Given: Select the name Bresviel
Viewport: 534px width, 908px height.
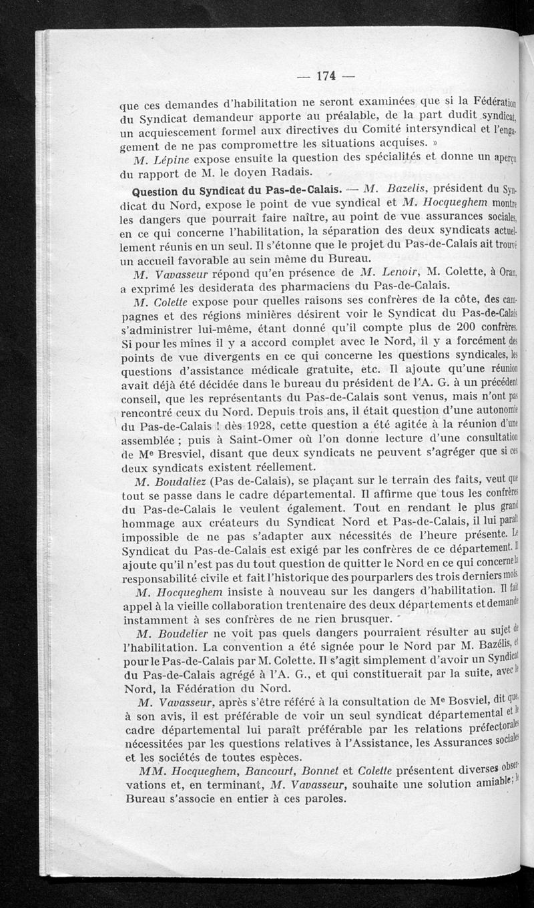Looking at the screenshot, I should point(178,455).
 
